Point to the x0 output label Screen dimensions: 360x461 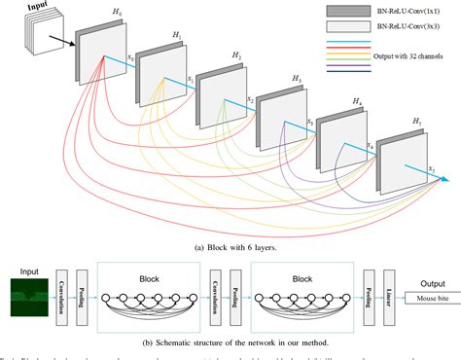click(131, 58)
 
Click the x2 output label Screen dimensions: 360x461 click(250, 99)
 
